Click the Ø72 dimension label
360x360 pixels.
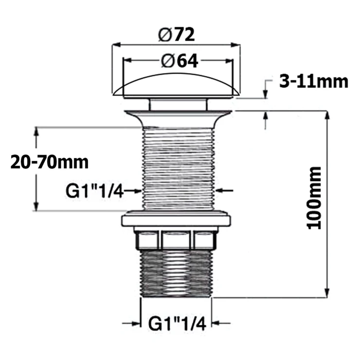point(176,35)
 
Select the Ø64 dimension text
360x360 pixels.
point(180,61)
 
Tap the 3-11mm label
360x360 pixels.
point(314,82)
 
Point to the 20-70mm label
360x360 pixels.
point(49,162)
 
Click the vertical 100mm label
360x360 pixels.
point(314,198)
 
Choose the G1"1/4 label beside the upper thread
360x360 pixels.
point(94,191)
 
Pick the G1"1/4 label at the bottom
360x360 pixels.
point(177,323)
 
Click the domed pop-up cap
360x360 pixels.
point(176,86)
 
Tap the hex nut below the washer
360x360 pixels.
point(176,240)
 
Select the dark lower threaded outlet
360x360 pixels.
point(176,274)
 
